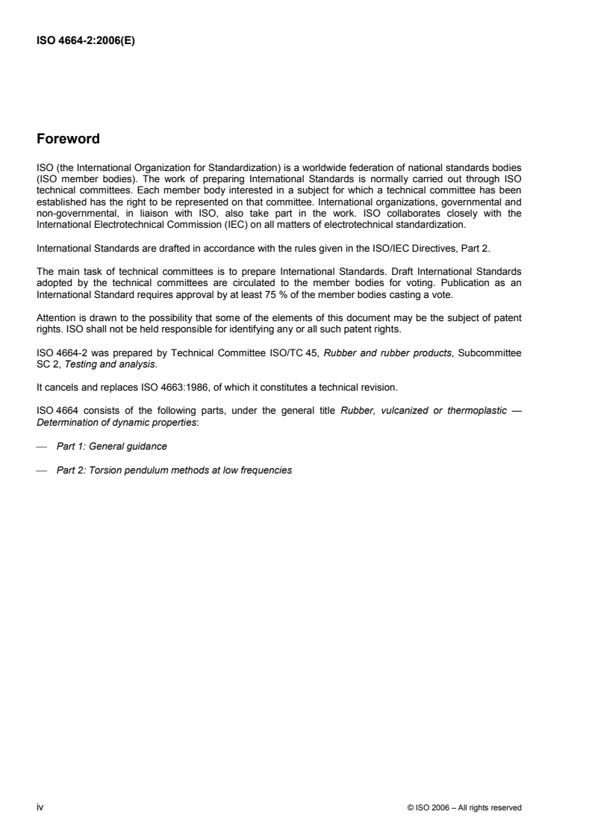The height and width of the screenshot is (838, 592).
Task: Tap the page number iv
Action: coord(40,807)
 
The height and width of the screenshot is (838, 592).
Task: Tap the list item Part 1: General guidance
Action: coord(112,446)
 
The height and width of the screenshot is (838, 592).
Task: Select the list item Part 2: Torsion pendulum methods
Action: coord(173,471)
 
